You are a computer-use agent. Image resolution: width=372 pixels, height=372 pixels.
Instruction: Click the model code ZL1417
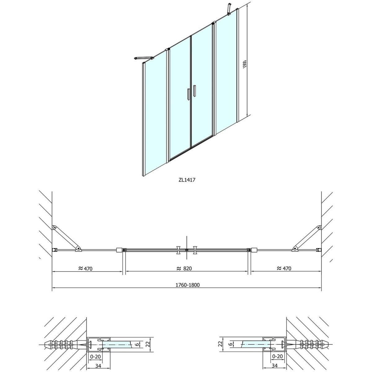point(187,180)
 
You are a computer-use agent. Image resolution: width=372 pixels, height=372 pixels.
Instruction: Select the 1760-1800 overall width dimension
point(188,285)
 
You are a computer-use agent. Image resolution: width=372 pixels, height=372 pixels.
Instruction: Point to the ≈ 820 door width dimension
point(184,268)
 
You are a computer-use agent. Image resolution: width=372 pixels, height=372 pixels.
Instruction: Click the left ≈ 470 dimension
point(86,268)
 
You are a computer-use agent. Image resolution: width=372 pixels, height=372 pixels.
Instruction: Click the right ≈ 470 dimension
point(284,268)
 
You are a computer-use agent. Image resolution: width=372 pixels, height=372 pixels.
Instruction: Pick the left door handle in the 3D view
point(188,94)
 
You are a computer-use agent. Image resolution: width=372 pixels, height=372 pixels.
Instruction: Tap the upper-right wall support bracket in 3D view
point(229,9)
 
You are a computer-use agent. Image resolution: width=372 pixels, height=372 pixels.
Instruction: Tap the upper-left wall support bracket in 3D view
point(144,58)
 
